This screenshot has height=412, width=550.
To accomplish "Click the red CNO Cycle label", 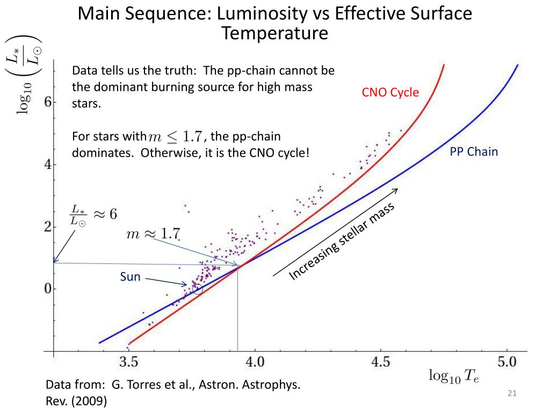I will pos(390,93).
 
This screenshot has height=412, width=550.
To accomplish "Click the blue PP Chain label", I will pos(474,152).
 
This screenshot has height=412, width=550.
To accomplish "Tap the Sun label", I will pos(129,277).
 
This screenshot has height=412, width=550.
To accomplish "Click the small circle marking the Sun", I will pos(198,289).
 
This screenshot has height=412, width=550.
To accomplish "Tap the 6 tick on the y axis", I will pos(48,102).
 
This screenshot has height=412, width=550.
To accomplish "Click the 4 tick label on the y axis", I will pos(48,165).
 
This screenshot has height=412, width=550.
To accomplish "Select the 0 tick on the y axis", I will pos(48,289).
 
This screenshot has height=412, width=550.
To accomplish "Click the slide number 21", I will pos(511,395).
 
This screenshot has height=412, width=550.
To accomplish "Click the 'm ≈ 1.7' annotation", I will pos(153,234).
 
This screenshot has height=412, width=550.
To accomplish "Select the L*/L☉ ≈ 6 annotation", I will pos(93,214).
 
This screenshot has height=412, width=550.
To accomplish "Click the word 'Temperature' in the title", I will pos(274,33).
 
